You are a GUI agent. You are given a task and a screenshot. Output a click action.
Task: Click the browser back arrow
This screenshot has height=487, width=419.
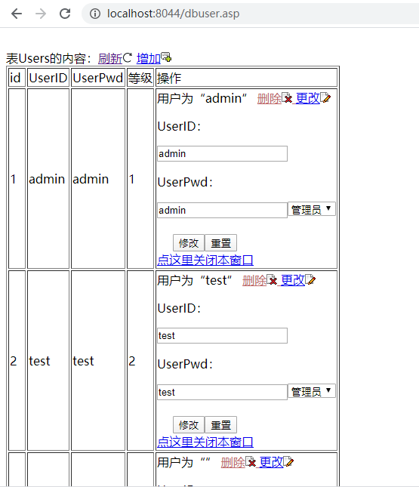coord(17,14)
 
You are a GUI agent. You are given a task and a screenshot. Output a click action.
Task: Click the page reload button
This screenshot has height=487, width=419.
coord(65,14)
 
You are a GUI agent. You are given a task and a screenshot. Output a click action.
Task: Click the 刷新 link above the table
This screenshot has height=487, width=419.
coord(110,58)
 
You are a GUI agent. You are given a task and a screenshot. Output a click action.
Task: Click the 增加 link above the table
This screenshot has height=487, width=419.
coord(149,58)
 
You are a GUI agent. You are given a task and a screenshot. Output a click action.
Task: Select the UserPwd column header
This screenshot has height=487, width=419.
coord(98,78)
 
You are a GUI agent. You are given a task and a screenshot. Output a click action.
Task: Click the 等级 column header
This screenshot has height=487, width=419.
coord(140,78)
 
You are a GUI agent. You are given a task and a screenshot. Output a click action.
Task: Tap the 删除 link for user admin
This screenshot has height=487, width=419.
coord(270,98)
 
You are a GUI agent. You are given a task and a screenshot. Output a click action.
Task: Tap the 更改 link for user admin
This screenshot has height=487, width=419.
coord(307,98)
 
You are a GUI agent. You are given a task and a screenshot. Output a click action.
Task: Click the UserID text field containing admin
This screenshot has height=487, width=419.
coord(223,154)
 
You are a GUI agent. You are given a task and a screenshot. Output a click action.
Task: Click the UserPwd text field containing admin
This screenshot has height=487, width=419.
coord(223,210)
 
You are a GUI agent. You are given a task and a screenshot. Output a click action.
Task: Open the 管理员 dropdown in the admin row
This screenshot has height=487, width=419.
coord(312,209)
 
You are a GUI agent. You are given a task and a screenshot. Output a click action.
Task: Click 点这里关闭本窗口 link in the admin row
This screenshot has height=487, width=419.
coord(205,260)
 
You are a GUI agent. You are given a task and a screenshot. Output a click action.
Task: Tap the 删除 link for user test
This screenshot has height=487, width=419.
coord(254,280)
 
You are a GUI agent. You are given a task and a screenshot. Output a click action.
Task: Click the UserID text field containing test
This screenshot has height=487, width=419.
coord(223,336)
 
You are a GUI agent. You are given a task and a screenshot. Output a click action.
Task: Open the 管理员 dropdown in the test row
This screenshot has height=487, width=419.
coord(312,391)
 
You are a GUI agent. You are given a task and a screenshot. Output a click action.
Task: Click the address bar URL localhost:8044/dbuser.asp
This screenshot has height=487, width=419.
coord(174,14)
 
